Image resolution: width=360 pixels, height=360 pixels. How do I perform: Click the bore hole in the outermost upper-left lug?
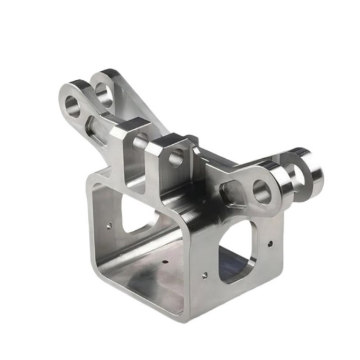coord(73,106)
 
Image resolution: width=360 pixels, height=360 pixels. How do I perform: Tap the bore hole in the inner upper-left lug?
coord(104,95)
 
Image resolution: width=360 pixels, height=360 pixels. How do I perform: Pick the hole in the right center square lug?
coord(176,159)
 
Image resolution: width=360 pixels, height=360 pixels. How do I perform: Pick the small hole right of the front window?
coord(270,243)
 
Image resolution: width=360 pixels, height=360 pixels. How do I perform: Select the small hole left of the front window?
coord(204,275)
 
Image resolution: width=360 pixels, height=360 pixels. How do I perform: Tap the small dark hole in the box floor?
coord(164,263)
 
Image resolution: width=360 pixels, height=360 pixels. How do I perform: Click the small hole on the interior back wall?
coord(109,226)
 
